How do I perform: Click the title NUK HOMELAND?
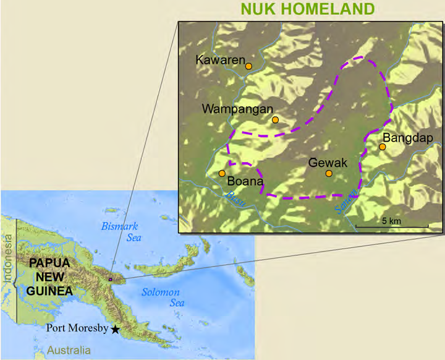[x=308, y=9]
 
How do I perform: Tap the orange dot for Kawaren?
[x=248, y=66]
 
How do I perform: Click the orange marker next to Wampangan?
[x=275, y=119]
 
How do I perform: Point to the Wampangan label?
[x=237, y=109]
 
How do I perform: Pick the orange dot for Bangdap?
[x=383, y=147]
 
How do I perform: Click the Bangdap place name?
[x=408, y=137]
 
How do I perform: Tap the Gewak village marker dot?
[x=329, y=173]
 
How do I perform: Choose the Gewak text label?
[x=328, y=163]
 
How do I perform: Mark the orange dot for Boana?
[x=222, y=173]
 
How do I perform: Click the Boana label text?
[x=245, y=182]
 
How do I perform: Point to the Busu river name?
[x=234, y=199]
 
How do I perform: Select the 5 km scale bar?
[x=392, y=227]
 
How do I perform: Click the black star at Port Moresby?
[x=115, y=329]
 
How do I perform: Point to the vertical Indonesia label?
[x=7, y=262]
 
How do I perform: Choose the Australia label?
[x=69, y=351]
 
